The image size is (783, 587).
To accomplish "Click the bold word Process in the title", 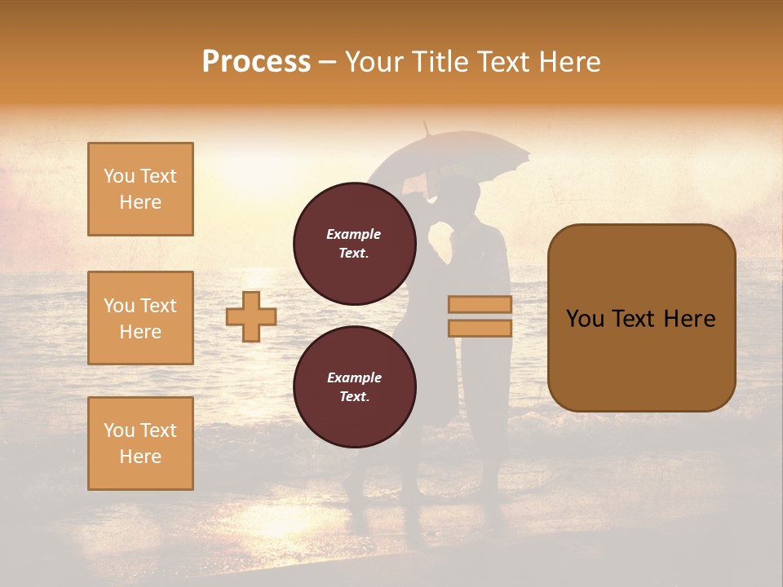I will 256,62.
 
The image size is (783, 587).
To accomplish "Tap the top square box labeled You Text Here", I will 140,189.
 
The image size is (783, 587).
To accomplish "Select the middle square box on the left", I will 140,318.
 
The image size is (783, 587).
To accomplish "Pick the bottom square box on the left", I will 140,444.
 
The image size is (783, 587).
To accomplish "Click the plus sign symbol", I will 251,316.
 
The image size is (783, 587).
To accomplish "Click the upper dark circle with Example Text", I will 354,243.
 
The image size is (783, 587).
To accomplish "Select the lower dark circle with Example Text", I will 354,387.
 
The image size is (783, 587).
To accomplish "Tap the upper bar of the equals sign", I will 480,304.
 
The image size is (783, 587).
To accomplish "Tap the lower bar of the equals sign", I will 480,328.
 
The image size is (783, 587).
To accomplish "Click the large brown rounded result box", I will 641,318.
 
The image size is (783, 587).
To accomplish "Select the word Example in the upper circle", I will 354,234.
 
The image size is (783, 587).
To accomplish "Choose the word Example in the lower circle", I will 354,377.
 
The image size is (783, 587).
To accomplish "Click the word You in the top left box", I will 118,176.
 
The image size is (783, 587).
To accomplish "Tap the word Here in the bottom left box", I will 140,457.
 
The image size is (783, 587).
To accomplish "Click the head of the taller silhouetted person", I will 463,196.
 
